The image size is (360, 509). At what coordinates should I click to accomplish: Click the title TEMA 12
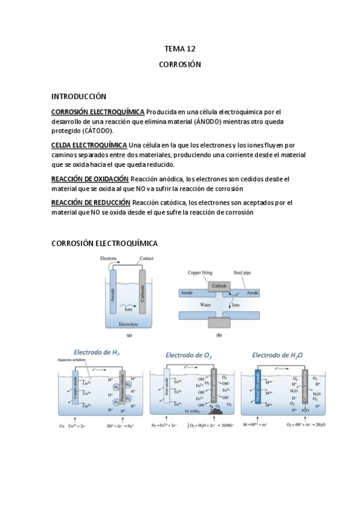(x=180, y=49)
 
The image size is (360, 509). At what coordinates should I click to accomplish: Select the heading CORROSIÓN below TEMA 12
(x=180, y=64)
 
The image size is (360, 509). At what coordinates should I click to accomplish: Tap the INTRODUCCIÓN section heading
(x=79, y=96)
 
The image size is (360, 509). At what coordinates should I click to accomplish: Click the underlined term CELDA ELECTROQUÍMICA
(x=89, y=145)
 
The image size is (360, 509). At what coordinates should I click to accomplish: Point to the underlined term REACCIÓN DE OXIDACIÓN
(x=90, y=179)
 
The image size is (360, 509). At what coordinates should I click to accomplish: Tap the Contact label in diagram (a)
(x=146, y=258)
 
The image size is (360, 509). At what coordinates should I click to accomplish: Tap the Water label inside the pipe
(x=205, y=304)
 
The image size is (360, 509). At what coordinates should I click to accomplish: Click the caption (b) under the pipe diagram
(x=219, y=336)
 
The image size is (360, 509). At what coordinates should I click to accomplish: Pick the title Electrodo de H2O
(x=277, y=355)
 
